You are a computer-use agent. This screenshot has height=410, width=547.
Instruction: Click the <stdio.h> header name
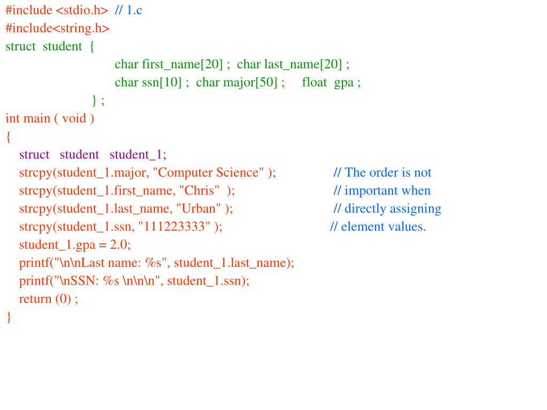(x=82, y=10)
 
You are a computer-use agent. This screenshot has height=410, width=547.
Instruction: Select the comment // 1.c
(x=128, y=10)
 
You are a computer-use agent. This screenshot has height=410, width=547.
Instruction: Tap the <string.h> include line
(x=58, y=28)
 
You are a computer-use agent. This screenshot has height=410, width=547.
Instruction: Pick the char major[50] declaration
(x=239, y=83)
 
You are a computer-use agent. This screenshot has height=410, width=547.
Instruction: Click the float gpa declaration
(x=331, y=83)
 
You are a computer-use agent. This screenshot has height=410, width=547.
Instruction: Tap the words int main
(x=28, y=119)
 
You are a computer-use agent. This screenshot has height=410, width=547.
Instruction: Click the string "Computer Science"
(x=208, y=173)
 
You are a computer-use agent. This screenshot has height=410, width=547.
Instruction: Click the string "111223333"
(x=174, y=227)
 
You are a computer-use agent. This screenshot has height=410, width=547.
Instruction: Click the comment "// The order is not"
(x=382, y=173)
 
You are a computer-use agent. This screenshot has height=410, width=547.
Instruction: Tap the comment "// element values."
(x=378, y=227)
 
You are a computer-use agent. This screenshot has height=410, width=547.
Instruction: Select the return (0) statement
(x=48, y=299)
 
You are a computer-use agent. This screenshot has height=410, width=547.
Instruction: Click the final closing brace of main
(x=9, y=317)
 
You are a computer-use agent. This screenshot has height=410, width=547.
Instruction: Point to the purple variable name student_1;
(x=138, y=155)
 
